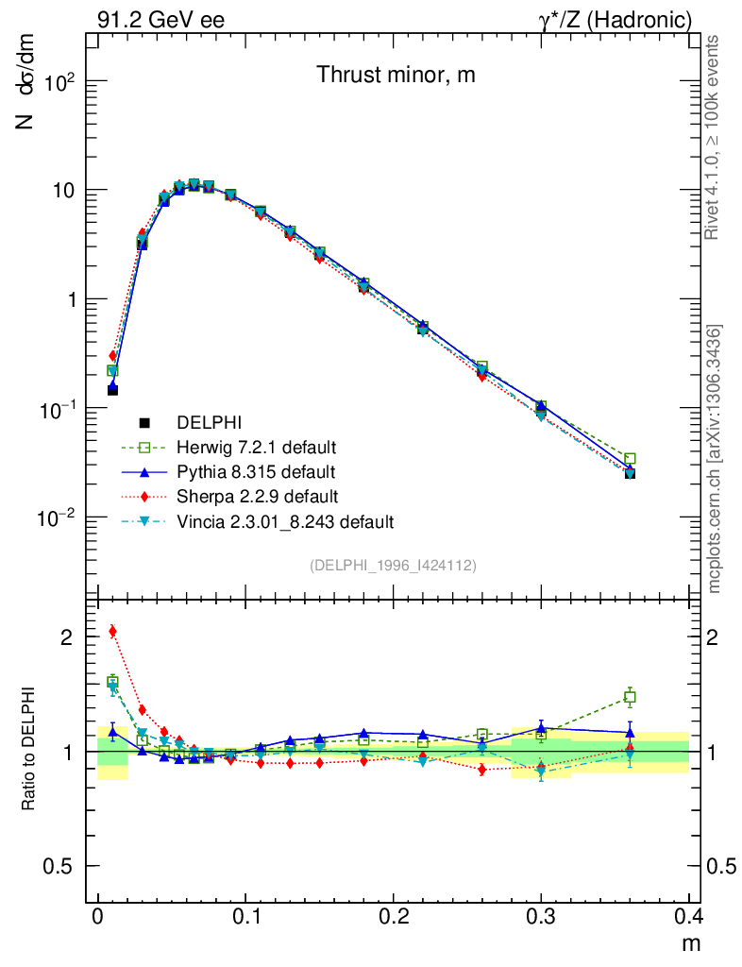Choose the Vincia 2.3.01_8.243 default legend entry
point(284,520)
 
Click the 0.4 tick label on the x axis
point(688,916)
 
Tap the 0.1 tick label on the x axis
point(245,916)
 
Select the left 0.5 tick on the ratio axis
point(62,867)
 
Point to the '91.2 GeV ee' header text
point(160,19)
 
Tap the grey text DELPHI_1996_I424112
point(392,565)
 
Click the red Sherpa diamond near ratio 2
point(112,632)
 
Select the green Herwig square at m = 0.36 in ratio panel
point(630,697)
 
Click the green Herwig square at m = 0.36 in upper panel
point(630,459)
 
